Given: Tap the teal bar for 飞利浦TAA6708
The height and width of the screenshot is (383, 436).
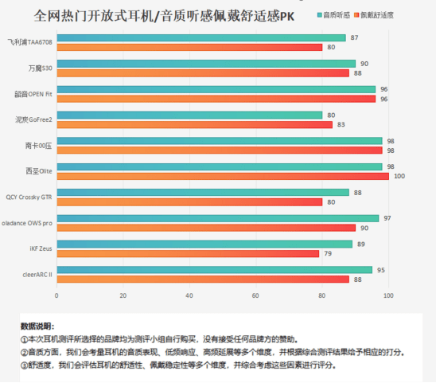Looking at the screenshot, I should (200, 37).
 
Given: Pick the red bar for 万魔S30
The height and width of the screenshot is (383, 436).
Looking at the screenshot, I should (203, 73).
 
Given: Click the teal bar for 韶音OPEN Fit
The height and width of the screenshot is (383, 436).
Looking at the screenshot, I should (216, 89).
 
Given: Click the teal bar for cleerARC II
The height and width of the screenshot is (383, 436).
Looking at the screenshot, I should (214, 270).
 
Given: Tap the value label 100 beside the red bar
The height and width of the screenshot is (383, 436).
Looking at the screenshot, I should (398, 176).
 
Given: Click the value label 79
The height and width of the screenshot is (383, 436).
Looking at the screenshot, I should (328, 253).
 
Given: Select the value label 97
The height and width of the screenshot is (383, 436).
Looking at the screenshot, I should (387, 218).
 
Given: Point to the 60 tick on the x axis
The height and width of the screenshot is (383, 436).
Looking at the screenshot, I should (256, 296).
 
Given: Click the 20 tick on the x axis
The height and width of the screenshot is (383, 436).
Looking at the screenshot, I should (123, 296).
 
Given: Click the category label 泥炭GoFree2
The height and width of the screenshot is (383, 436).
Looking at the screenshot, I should (33, 119).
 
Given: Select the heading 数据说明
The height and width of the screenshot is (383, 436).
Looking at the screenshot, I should (37, 326).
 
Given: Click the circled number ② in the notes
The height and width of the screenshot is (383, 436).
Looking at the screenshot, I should (24, 352).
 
